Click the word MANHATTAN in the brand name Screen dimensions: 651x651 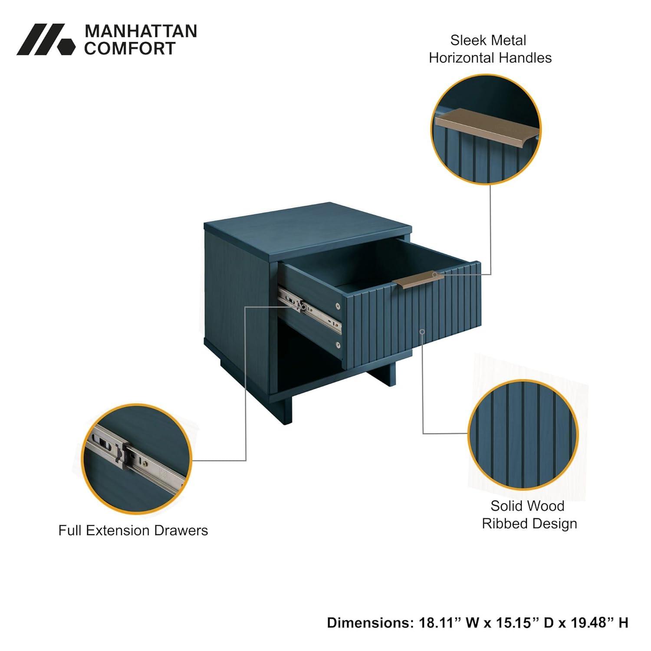tap(141, 31)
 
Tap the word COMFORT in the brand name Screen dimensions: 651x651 tap(130, 49)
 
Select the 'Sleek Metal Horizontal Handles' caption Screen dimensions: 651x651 tap(490, 49)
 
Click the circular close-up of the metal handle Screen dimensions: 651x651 tap(486, 129)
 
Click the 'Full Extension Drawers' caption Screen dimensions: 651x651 tap(133, 530)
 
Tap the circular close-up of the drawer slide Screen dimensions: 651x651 tap(137, 459)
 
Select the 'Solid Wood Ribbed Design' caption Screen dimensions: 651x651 tap(529, 515)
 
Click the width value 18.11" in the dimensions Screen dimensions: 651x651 tap(439, 623)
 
